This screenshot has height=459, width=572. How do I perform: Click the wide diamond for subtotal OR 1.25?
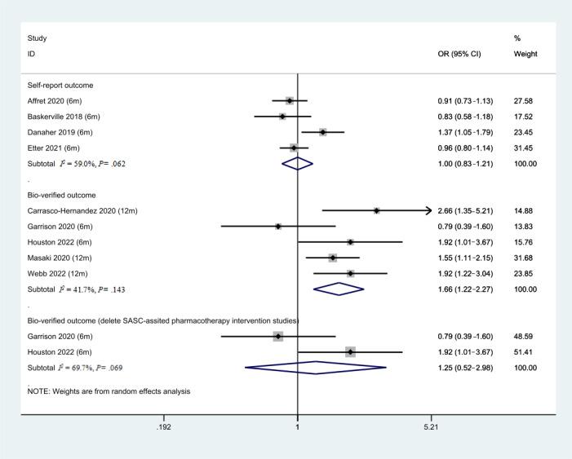click(316, 367)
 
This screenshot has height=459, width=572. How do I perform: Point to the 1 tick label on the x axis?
click(297, 426)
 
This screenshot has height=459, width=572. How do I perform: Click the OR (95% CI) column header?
click(463, 54)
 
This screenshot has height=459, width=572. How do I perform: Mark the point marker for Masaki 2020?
click(333, 258)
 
